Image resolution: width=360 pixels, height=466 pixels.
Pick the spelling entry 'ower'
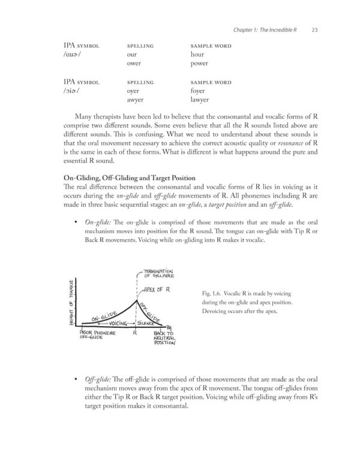(x=135, y=63)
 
